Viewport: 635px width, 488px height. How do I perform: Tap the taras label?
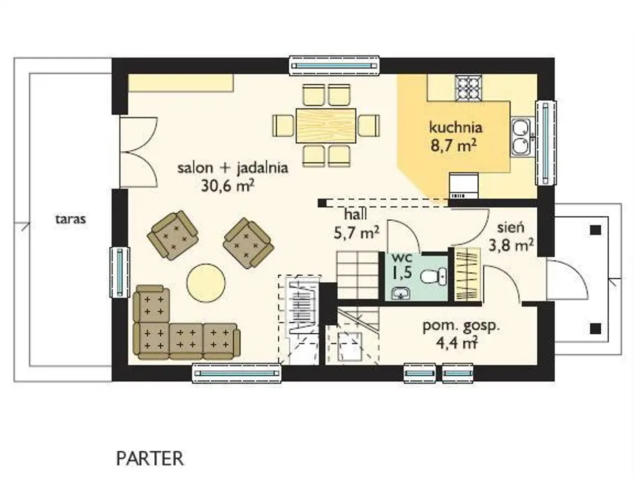[71, 219]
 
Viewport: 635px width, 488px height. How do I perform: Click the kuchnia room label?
[455, 127]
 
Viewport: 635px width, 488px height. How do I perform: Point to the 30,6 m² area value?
[227, 186]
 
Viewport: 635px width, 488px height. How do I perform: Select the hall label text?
[356, 215]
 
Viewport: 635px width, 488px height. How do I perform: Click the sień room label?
[510, 227]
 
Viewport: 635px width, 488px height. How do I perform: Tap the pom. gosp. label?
[461, 326]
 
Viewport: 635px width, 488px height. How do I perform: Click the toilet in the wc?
[434, 276]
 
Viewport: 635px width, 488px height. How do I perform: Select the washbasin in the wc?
[401, 293]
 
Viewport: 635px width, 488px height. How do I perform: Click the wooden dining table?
[326, 125]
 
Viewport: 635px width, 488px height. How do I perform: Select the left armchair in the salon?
[173, 235]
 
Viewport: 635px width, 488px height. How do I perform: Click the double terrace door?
[138, 152]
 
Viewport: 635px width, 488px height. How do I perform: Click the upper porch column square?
[595, 230]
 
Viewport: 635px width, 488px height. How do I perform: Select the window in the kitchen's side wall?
[545, 143]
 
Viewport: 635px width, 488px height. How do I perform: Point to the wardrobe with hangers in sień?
[468, 274]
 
